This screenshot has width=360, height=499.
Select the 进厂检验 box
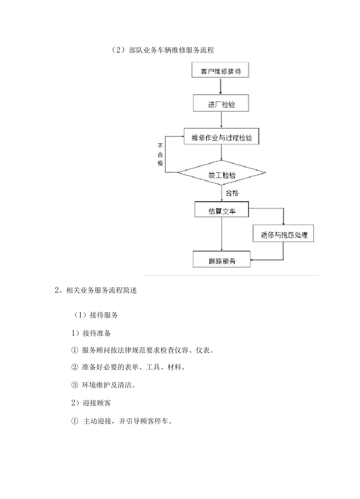(x=221, y=104)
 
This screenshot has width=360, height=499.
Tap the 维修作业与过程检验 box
(x=222, y=137)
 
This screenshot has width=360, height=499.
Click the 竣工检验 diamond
(x=222, y=174)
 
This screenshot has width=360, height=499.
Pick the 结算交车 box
(x=222, y=211)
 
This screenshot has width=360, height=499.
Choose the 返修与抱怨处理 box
(x=283, y=234)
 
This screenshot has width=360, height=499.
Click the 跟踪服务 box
(x=222, y=260)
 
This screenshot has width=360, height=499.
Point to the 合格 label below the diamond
(x=232, y=193)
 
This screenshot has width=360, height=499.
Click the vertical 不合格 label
(x=160, y=154)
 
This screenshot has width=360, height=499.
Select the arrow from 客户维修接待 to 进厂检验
(x=221, y=87)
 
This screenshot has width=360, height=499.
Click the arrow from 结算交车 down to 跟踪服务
(x=222, y=233)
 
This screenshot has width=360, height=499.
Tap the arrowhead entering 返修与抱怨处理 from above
(x=283, y=223)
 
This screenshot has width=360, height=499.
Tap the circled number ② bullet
(x=74, y=367)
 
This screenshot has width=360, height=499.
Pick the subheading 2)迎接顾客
(x=91, y=403)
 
